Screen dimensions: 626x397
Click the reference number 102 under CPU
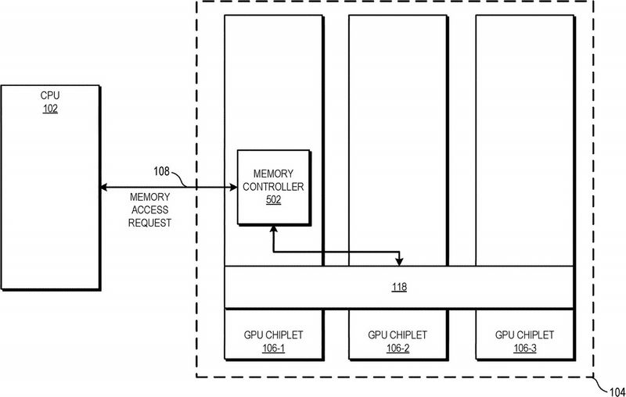[50, 109]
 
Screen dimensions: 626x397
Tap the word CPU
[50, 95]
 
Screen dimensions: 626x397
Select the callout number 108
[162, 171]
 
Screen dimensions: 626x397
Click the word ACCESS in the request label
[149, 209]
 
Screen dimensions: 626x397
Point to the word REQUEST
[149, 223]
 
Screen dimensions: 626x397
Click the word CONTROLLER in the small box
[273, 187]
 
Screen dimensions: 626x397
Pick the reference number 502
[273, 199]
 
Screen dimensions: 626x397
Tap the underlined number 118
[399, 287]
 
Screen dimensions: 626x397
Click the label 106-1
[273, 349]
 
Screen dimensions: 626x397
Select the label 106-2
[398, 349]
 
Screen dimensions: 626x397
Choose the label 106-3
[524, 349]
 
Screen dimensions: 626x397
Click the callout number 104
[617, 392]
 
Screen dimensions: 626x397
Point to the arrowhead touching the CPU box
[103, 187]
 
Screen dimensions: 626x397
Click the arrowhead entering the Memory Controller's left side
[233, 187]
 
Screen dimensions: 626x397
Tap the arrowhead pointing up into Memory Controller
[273, 229]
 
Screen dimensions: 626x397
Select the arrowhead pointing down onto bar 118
[399, 262]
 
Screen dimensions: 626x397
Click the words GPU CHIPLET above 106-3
[524, 335]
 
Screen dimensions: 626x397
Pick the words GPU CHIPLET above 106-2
[398, 335]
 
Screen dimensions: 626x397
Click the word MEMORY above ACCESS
[149, 197]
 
